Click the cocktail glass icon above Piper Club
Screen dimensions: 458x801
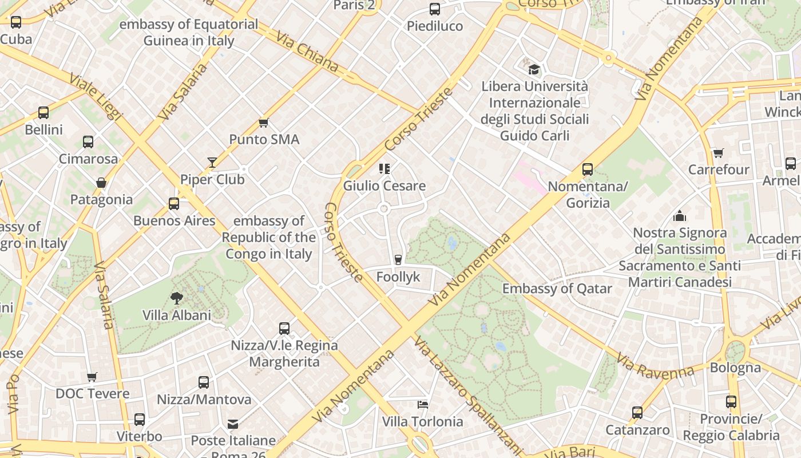tap(212, 163)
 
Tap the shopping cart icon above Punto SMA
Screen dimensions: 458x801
tap(264, 123)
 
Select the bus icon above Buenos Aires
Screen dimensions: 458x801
tap(174, 204)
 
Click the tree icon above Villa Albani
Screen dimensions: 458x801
tap(177, 298)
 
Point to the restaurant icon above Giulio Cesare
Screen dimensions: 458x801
tap(384, 168)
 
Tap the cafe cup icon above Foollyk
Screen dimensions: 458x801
tap(398, 260)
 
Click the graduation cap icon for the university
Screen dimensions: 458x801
tap(534, 69)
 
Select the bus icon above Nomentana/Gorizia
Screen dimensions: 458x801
tap(588, 169)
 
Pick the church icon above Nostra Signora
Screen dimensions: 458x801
tap(680, 216)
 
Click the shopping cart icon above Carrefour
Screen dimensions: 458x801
tap(719, 153)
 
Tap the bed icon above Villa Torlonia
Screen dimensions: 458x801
tap(422, 405)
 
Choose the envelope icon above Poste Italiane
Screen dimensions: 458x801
tap(233, 424)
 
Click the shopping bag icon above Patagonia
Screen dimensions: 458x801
tap(101, 183)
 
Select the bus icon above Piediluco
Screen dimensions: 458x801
tap(435, 9)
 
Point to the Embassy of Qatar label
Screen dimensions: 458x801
tap(557, 289)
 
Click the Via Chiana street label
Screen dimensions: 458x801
tap(307, 52)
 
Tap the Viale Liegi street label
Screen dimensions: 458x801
tap(96, 96)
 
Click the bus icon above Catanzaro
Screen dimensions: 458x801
tap(637, 413)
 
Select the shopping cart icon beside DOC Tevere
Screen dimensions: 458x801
tap(92, 377)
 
